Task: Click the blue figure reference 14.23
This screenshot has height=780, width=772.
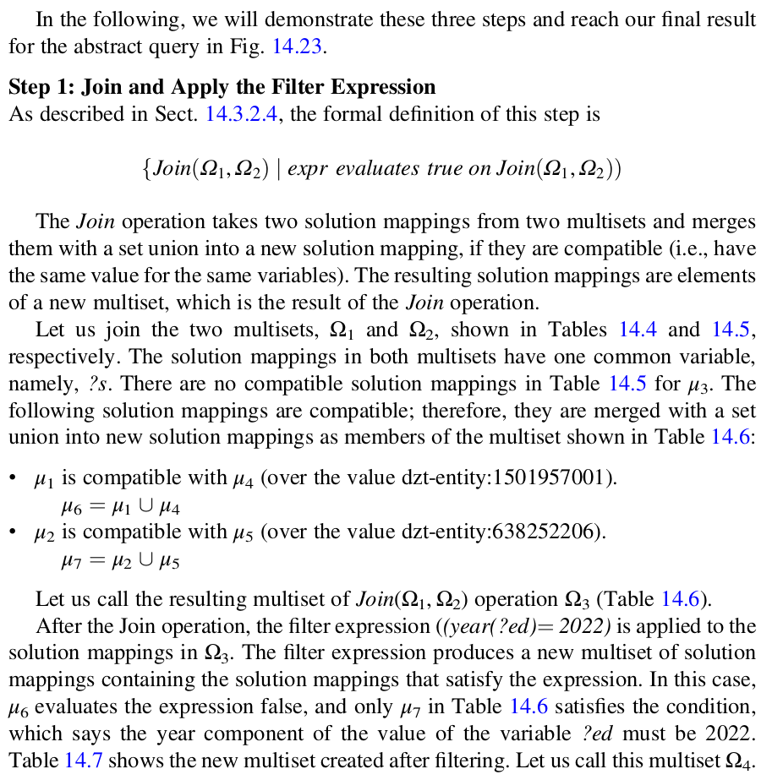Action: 297,46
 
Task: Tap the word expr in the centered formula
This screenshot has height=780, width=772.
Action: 310,168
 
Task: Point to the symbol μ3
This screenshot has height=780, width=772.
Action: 698,385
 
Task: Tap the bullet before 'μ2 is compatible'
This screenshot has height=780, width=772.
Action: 14,532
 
